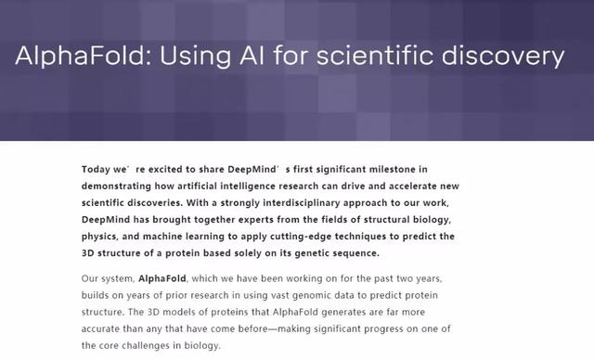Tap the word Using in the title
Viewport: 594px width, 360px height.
187,57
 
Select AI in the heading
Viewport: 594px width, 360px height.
246,57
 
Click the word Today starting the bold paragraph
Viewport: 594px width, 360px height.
97,170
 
